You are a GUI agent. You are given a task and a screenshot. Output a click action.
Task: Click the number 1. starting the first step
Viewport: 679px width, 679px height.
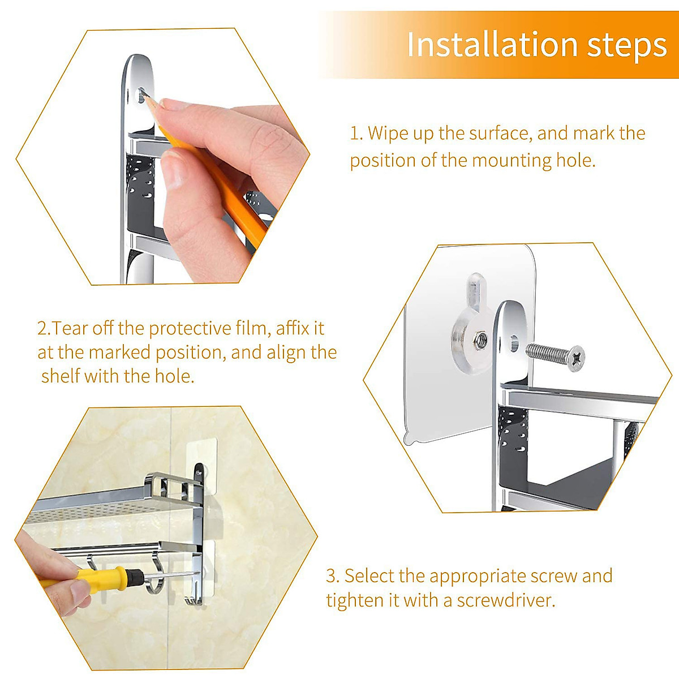pos(355,134)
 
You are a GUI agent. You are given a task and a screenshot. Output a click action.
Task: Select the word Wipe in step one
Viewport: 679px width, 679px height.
pos(387,134)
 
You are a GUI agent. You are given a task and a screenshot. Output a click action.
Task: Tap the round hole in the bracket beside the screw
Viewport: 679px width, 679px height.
pos(514,342)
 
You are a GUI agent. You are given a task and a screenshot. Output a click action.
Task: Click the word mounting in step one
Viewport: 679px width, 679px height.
pos(512,161)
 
